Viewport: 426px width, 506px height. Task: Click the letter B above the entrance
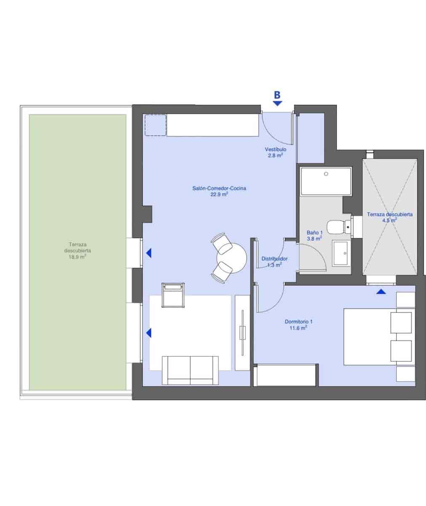[x=277, y=95]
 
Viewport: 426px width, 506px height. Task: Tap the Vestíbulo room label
[x=276, y=150]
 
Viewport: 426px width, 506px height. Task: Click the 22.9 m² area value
[x=219, y=195]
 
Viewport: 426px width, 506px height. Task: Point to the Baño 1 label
[x=314, y=232]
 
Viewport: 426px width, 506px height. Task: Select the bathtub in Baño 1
[x=326, y=181]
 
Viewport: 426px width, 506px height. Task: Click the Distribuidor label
[x=274, y=259]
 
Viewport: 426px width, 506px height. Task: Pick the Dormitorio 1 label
[x=298, y=321]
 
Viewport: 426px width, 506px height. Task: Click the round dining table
[x=232, y=257]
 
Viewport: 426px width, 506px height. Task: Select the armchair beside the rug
[x=173, y=294]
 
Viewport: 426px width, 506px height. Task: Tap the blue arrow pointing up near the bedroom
[x=381, y=291]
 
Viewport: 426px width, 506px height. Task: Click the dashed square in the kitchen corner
[x=156, y=125]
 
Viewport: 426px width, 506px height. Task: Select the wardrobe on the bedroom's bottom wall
[x=286, y=375]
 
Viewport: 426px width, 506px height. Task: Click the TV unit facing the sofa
[x=242, y=333]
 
